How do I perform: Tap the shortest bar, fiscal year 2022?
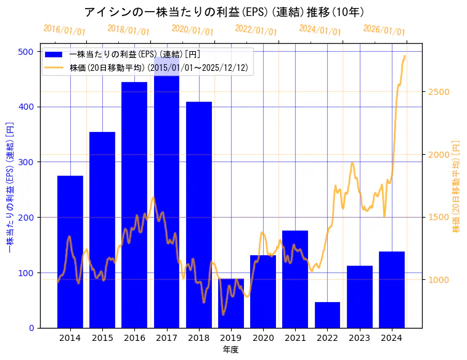click(x=327, y=315)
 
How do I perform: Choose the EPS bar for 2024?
click(x=392, y=290)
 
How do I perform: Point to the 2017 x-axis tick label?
click(x=166, y=338)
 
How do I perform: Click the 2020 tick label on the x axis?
click(x=263, y=338)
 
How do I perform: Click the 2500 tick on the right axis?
click(x=438, y=92)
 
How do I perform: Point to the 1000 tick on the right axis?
click(x=438, y=280)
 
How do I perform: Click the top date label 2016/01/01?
click(x=65, y=30)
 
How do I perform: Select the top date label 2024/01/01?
click(x=320, y=30)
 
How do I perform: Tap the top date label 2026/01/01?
click(x=384, y=30)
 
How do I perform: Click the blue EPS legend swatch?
click(x=54, y=55)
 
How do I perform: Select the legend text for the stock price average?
click(x=159, y=68)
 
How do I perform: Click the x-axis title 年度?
click(x=231, y=350)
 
